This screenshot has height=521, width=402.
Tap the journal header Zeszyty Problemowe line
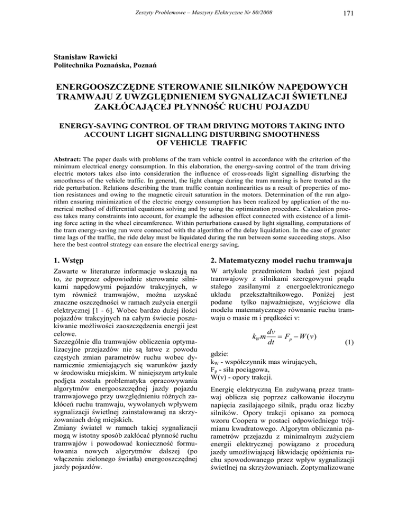coord(200,10)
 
